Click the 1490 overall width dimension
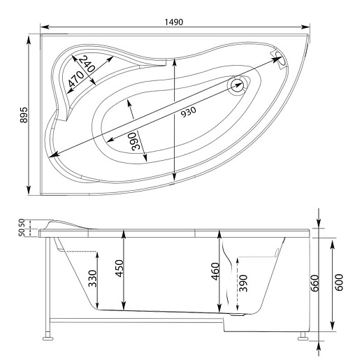174,22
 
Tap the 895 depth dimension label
24,115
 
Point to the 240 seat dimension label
87,64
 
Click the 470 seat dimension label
76,79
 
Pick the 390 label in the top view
136,141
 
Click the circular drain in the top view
237,85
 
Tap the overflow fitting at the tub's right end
280,59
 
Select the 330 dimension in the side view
92,278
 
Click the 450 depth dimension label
120,268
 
